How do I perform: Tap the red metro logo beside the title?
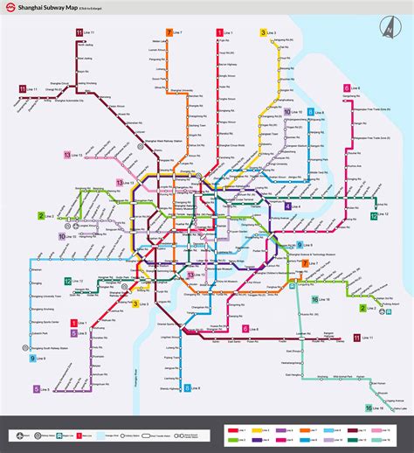point(10,10)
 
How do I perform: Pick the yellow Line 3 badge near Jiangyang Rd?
point(262,32)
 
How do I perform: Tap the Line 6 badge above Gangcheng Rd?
point(347,87)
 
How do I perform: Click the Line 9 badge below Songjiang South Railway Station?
point(34,359)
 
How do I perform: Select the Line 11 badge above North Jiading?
point(79,32)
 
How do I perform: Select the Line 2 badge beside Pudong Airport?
point(362,308)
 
